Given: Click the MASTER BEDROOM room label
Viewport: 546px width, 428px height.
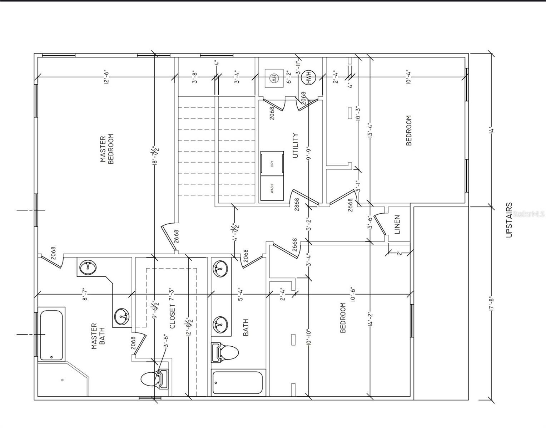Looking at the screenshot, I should coord(106,149).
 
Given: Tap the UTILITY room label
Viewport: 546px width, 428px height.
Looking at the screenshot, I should coord(296,146).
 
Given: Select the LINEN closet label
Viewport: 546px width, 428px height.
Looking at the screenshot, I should coord(397,224).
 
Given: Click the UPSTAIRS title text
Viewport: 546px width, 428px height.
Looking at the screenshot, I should coord(509,220).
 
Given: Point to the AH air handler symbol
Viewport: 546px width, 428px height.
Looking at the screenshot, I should coord(274,78).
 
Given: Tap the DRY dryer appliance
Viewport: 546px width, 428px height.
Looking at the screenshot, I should coord(272,164).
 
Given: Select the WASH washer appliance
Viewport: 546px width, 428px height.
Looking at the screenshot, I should coord(272,188).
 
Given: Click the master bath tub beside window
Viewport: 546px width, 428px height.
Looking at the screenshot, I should coord(51,335).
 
